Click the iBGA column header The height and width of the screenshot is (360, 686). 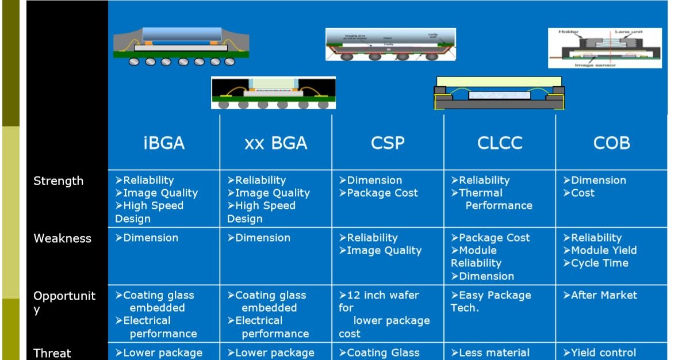tap(164, 143)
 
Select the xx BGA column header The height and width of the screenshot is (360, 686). tap(275, 143)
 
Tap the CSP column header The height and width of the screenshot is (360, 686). tap(388, 143)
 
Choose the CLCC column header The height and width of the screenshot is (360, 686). tap(499, 143)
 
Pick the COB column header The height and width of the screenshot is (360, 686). tap(611, 143)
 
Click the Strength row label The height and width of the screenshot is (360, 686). tap(58, 181)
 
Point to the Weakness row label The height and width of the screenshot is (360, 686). tap(62, 239)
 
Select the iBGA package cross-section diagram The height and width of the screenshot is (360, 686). tap(181, 45)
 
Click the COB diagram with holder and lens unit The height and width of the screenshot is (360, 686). tap(605, 48)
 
